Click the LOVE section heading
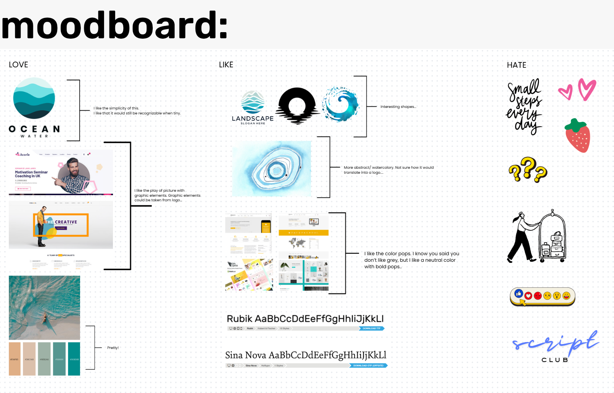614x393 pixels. coord(18,65)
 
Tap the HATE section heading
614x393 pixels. coord(516,65)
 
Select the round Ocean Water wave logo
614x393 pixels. coord(34,98)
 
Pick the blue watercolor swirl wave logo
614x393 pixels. coord(340,104)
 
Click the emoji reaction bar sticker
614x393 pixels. coord(542,296)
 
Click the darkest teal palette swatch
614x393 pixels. coord(74,359)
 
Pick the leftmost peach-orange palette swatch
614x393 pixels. coord(15,359)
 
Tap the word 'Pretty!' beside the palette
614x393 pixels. coord(113,348)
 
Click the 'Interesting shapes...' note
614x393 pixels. coord(398,107)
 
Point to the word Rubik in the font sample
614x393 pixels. coord(240,319)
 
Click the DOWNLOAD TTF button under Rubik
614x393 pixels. coord(371,328)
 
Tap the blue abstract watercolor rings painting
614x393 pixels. coord(272,169)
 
